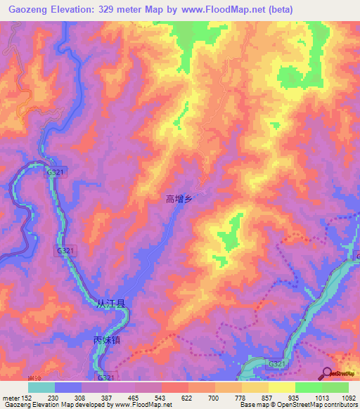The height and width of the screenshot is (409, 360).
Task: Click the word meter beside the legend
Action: point(11,397)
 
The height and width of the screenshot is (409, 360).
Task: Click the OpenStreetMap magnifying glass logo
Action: point(327,374)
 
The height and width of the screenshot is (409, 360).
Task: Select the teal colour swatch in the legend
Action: point(41,387)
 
